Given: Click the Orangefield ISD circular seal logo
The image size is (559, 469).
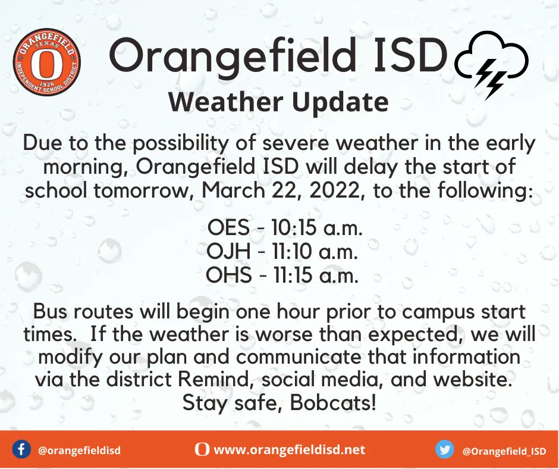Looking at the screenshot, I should pyautogui.click(x=46, y=62).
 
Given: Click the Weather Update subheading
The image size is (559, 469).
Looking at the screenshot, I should pyautogui.click(x=278, y=102).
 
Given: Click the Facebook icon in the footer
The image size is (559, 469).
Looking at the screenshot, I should pyautogui.click(x=21, y=450).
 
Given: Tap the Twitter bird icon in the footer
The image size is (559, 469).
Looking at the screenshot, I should pyautogui.click(x=444, y=450).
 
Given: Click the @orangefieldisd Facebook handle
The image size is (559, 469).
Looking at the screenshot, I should pyautogui.click(x=79, y=451).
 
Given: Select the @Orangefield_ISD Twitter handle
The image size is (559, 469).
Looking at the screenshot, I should pyautogui.click(x=504, y=451).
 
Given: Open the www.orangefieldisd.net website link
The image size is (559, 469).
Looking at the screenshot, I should pyautogui.click(x=289, y=450).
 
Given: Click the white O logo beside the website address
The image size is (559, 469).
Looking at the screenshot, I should pyautogui.click(x=202, y=450).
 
